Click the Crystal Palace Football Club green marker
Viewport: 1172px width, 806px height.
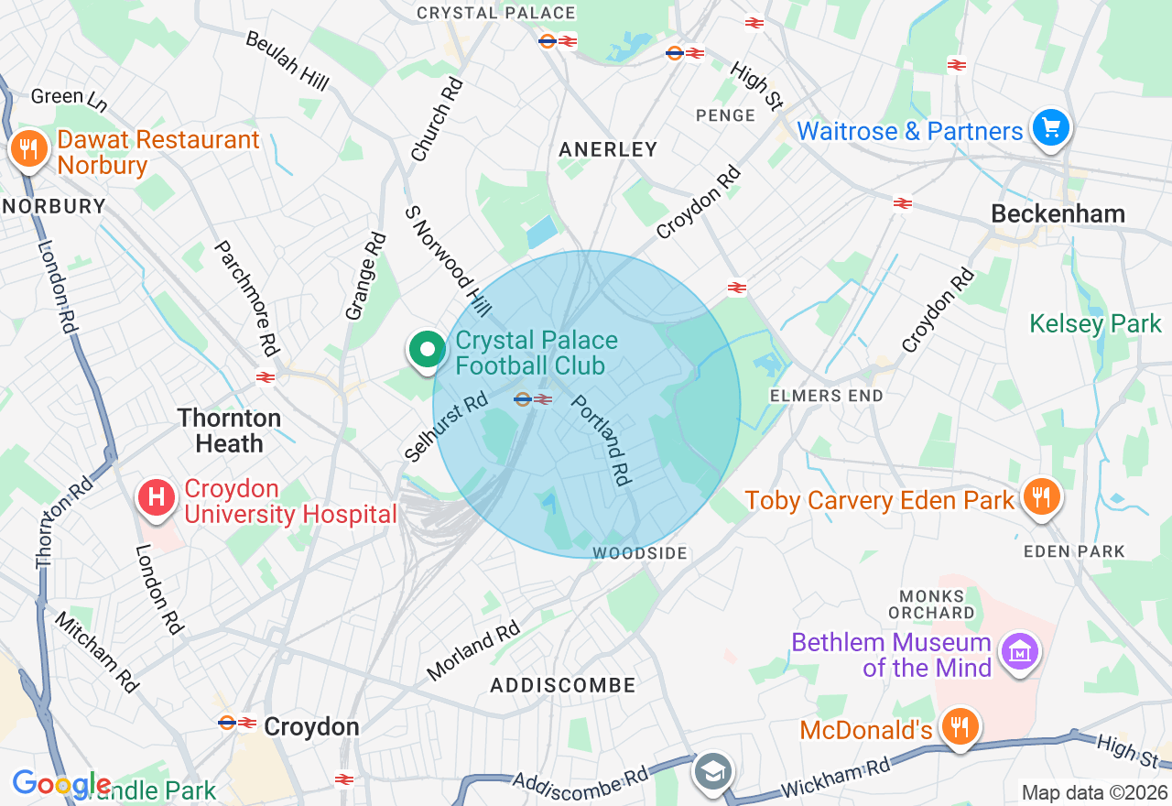click(427, 351)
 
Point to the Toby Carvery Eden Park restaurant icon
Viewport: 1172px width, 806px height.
click(1040, 497)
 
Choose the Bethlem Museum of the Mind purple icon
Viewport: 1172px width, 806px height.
click(1018, 652)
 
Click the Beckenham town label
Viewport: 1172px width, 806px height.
click(1058, 214)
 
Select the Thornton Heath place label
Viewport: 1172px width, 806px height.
click(229, 431)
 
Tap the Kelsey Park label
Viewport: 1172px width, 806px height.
click(1095, 324)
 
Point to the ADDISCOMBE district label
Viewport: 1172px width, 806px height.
click(562, 685)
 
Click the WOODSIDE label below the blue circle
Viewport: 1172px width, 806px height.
click(639, 553)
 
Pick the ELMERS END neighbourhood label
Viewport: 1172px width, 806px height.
click(826, 396)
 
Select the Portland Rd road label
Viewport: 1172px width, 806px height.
click(602, 441)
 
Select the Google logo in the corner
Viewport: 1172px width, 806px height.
click(61, 784)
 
